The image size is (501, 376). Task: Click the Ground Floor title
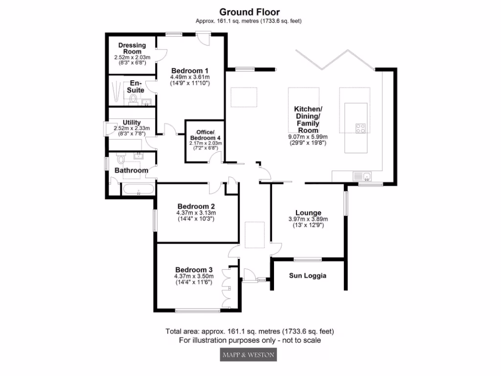pos(250,12)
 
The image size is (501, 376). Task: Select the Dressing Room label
pos(132,48)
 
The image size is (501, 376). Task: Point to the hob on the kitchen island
pos(361,128)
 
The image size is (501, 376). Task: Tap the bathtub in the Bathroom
pos(139,190)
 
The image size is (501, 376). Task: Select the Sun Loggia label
pos(308,276)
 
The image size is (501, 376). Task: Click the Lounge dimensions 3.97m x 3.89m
pos(308,219)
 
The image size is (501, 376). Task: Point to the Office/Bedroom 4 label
pos(205,135)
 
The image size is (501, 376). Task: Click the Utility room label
pos(132,122)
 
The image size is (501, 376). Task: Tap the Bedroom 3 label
pos(194,270)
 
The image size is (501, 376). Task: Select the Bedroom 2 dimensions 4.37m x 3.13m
pos(196,213)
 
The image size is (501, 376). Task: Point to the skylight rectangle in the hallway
pos(255,234)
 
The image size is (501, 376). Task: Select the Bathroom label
pos(131,170)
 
